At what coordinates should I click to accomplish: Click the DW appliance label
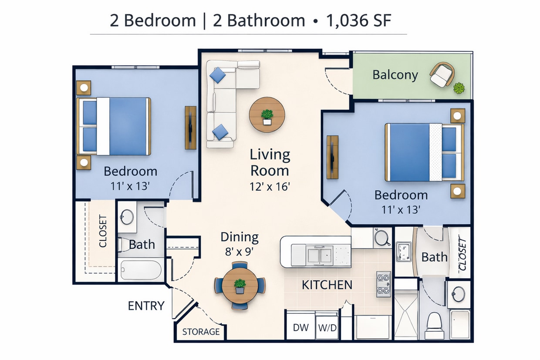pyautogui.click(x=300, y=327)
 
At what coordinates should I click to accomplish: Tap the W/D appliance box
pyautogui.click(x=327, y=327)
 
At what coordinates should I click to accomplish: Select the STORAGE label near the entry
pyautogui.click(x=201, y=332)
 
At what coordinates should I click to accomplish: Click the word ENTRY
pyautogui.click(x=146, y=306)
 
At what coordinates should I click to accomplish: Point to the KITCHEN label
pyautogui.click(x=327, y=285)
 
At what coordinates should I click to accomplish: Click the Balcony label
pyautogui.click(x=395, y=75)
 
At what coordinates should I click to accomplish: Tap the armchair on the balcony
pyautogui.click(x=442, y=75)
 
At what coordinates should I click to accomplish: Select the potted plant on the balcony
pyautogui.click(x=459, y=88)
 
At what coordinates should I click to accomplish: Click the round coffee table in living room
pyautogui.click(x=267, y=115)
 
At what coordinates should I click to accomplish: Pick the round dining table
pyautogui.click(x=240, y=286)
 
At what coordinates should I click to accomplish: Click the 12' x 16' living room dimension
pyautogui.click(x=270, y=186)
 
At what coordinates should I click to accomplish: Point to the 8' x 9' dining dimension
pyautogui.click(x=239, y=251)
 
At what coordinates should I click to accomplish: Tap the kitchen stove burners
pyautogui.click(x=383, y=284)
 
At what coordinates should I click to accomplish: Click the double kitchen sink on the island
pyautogui.click(x=320, y=255)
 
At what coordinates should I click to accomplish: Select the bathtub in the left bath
pyautogui.click(x=141, y=269)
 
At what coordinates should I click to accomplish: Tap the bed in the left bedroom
pyautogui.click(x=114, y=126)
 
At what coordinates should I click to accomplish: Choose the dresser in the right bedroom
pyautogui.click(x=332, y=157)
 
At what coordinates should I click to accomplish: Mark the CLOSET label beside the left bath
pyautogui.click(x=103, y=231)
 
